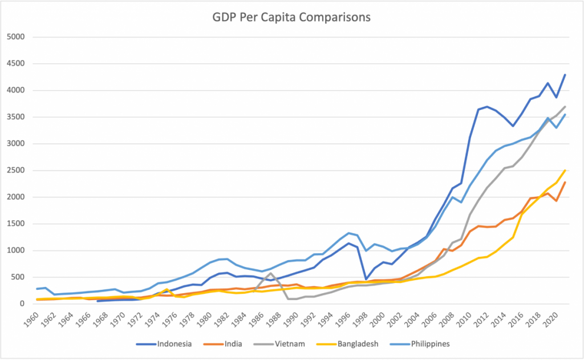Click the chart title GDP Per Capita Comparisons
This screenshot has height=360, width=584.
(291, 18)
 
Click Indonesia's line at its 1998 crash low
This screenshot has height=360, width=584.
(366, 279)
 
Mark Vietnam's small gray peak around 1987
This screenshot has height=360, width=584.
(271, 273)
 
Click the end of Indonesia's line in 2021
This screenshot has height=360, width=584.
(565, 75)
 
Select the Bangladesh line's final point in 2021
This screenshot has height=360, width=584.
(565, 170)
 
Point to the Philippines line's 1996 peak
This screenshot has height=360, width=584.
(348, 233)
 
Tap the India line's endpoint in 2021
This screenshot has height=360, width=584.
(565, 182)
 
